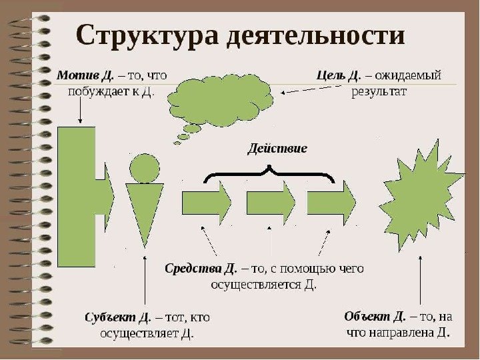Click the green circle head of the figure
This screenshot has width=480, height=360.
click(144, 168)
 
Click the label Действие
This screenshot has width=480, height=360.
click(277, 148)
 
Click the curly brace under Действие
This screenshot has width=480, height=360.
click(269, 175)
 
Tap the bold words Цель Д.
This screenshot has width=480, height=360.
click(338, 75)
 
